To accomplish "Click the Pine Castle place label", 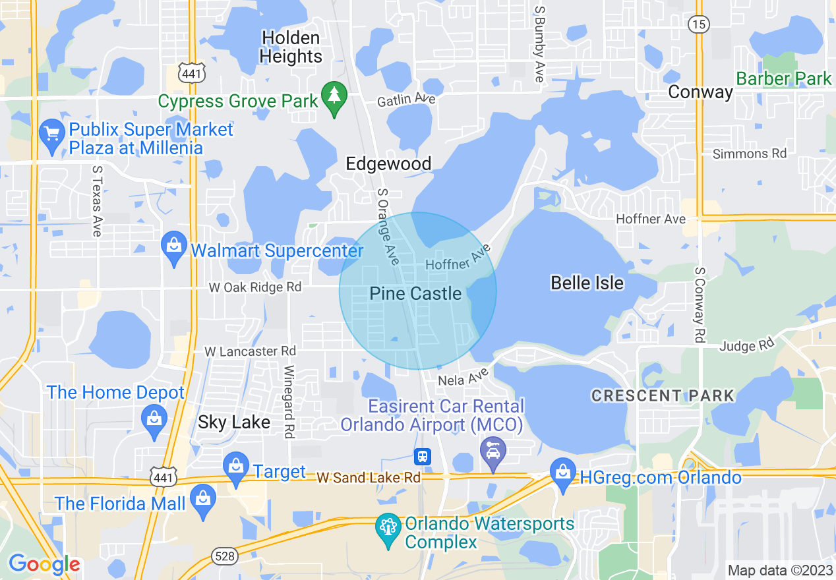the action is tap(415, 294).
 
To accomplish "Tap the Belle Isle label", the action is tap(587, 283).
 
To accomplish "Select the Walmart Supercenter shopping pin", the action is tap(174, 248).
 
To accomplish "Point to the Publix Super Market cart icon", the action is tap(51, 135).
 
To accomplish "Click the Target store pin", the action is tap(236, 467).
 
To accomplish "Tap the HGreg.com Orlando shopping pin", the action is tap(563, 475).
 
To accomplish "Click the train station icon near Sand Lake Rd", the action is tap(422, 456).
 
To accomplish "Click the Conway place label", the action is tap(700, 92).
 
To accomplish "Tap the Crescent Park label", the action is tap(662, 396).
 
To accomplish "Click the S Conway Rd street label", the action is tap(700, 304).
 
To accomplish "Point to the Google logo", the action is tap(44, 564).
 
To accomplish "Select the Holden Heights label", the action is tap(291, 47).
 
